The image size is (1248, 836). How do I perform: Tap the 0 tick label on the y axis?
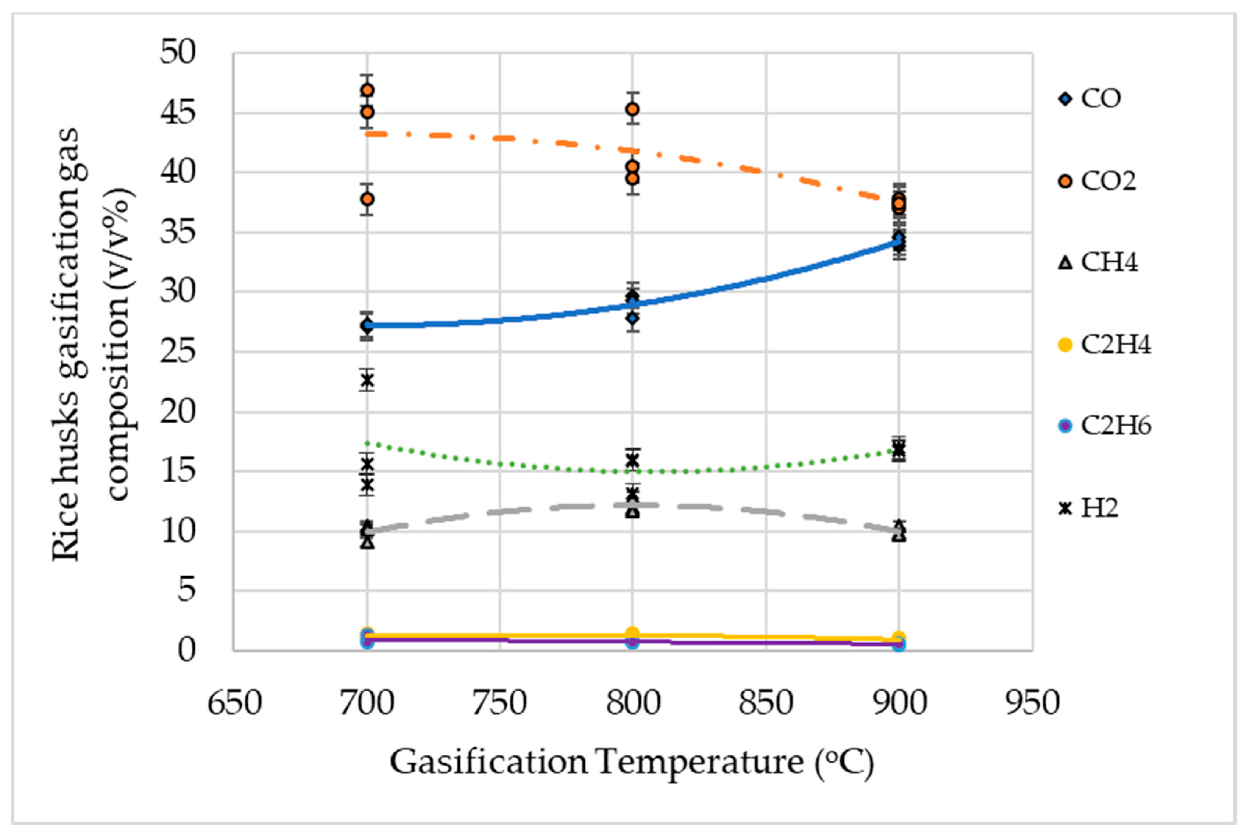pos(187,650)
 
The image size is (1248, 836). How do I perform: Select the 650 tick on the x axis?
pos(234,703)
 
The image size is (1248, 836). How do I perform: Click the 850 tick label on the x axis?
pos(766,703)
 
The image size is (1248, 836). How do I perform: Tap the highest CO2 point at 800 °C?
pos(632,109)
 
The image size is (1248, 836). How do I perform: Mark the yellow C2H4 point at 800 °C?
pos(632,634)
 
